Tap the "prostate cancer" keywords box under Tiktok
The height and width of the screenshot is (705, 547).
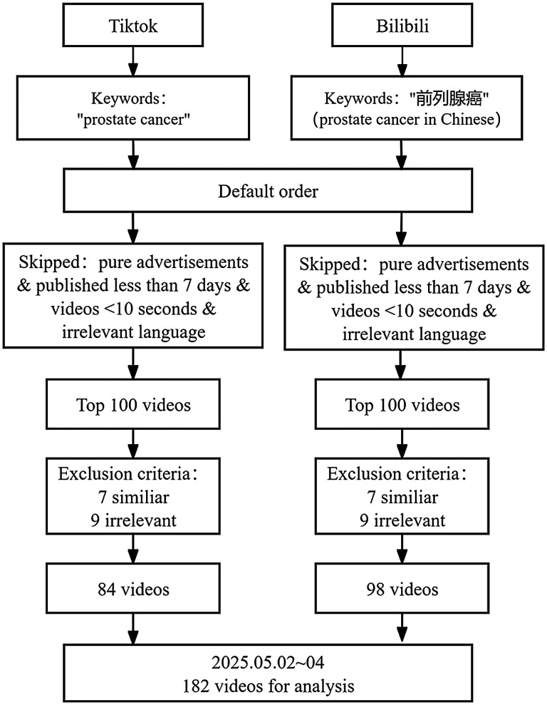(133, 108)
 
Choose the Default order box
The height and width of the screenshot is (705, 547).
(269, 192)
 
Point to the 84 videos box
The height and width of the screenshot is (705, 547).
(133, 590)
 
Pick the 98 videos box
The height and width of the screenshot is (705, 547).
(402, 590)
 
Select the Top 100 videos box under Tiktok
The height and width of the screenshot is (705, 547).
(133, 406)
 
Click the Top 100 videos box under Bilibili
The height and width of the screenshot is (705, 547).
(402, 406)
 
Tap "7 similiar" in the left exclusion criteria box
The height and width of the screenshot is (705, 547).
(133, 497)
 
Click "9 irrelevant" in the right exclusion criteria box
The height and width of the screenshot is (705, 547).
(402, 520)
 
